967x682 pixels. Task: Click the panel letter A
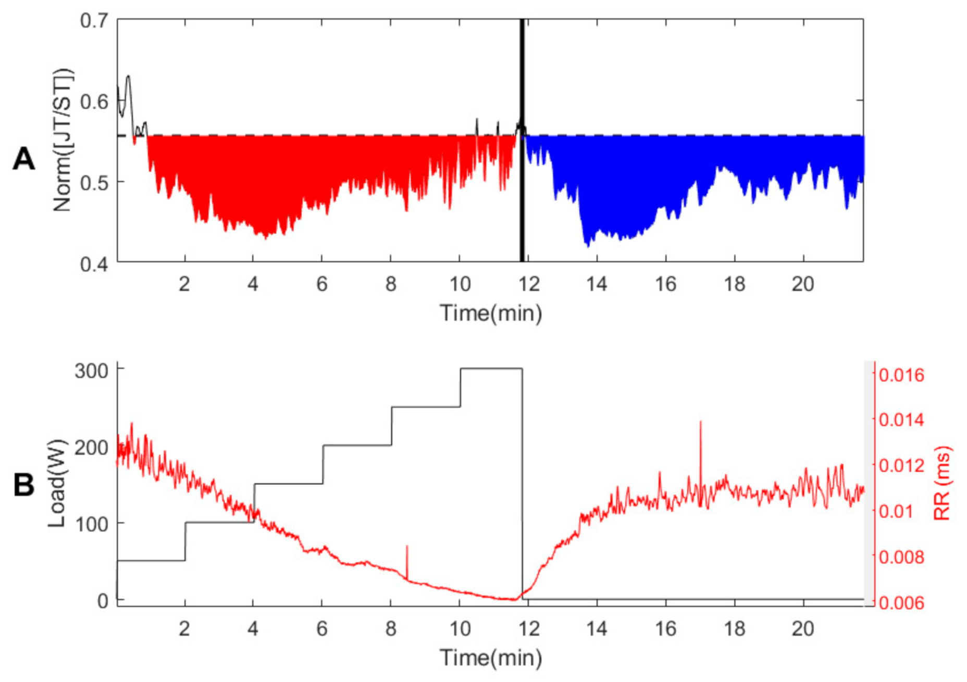click(23, 159)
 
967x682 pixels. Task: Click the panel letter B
click(23, 485)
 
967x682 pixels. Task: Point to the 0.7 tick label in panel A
click(94, 21)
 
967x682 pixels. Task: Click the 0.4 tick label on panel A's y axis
click(94, 264)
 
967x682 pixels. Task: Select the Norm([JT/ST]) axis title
click(63, 141)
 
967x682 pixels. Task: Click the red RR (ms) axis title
click(942, 483)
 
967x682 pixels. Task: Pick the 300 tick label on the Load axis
click(92, 371)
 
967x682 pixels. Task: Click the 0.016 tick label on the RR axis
click(901, 375)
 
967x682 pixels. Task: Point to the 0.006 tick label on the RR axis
click(901, 603)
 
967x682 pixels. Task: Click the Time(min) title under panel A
click(491, 313)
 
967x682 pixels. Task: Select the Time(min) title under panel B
click(491, 658)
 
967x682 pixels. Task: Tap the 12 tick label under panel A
click(528, 284)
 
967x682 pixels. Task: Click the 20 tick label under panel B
click(803, 629)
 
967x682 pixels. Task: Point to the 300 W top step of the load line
click(491, 369)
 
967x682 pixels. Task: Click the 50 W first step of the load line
click(151, 561)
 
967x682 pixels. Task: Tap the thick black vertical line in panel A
click(522, 198)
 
